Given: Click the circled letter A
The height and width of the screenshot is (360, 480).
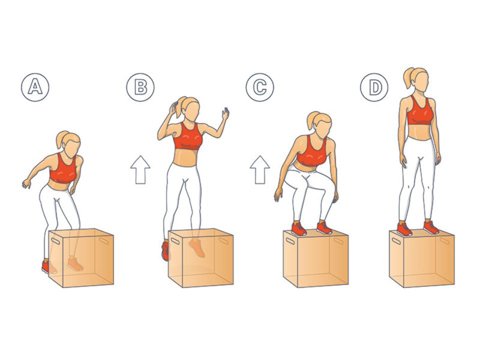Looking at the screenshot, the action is [35, 87].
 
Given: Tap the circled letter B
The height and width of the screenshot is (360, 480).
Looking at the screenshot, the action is [140, 87].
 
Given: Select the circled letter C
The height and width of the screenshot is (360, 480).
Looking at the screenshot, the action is [260, 87].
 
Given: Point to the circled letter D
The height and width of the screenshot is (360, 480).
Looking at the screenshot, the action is [374, 87].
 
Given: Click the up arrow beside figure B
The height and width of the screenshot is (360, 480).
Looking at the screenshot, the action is [140, 170].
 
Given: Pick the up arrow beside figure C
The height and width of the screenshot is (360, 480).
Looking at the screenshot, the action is [260, 170].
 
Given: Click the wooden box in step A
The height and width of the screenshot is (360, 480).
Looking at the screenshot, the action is [81, 258].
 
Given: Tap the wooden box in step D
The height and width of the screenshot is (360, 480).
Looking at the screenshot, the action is [422, 259].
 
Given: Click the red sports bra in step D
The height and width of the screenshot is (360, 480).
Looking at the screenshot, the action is [420, 111].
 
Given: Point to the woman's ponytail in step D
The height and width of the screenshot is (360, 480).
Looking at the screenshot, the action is [408, 78].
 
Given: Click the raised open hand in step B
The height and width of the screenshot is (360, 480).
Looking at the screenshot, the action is [225, 114].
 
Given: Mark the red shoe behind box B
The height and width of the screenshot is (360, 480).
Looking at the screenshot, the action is [165, 250].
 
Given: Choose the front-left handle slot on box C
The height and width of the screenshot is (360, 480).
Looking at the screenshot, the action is [290, 240].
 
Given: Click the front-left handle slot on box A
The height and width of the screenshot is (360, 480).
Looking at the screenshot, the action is [55, 240].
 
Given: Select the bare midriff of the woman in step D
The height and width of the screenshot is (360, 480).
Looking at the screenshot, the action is [419, 131].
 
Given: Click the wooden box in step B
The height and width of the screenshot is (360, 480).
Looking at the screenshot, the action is [201, 258].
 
